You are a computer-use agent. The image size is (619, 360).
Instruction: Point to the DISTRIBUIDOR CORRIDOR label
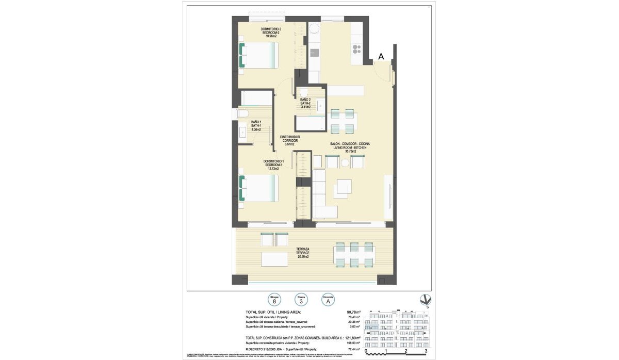point(289,140)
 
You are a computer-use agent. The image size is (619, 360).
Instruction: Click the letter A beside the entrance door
point(381,57)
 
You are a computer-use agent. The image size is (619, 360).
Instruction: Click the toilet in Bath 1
point(242,113)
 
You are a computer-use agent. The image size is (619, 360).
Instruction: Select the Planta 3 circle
point(301,300)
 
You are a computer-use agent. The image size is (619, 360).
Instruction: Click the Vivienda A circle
point(327,300)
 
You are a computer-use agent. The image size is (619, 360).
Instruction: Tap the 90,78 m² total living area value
point(353,312)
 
